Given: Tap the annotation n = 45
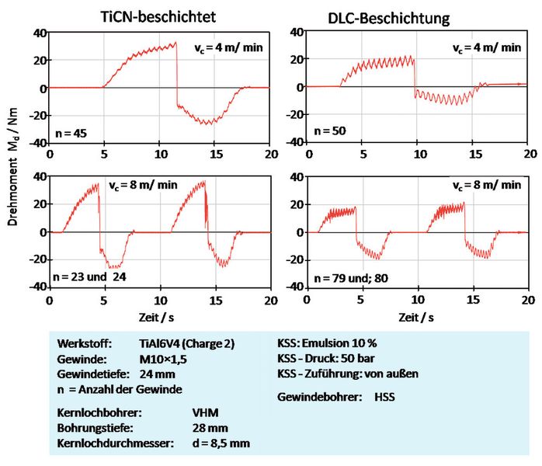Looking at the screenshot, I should (71, 134).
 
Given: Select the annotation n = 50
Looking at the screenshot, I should (329, 134).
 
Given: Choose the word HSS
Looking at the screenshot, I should (382, 397).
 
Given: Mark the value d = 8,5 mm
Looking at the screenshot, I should (221, 443).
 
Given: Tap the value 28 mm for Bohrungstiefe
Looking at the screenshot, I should (209, 428).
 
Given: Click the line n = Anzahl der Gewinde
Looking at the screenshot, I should (115, 388).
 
